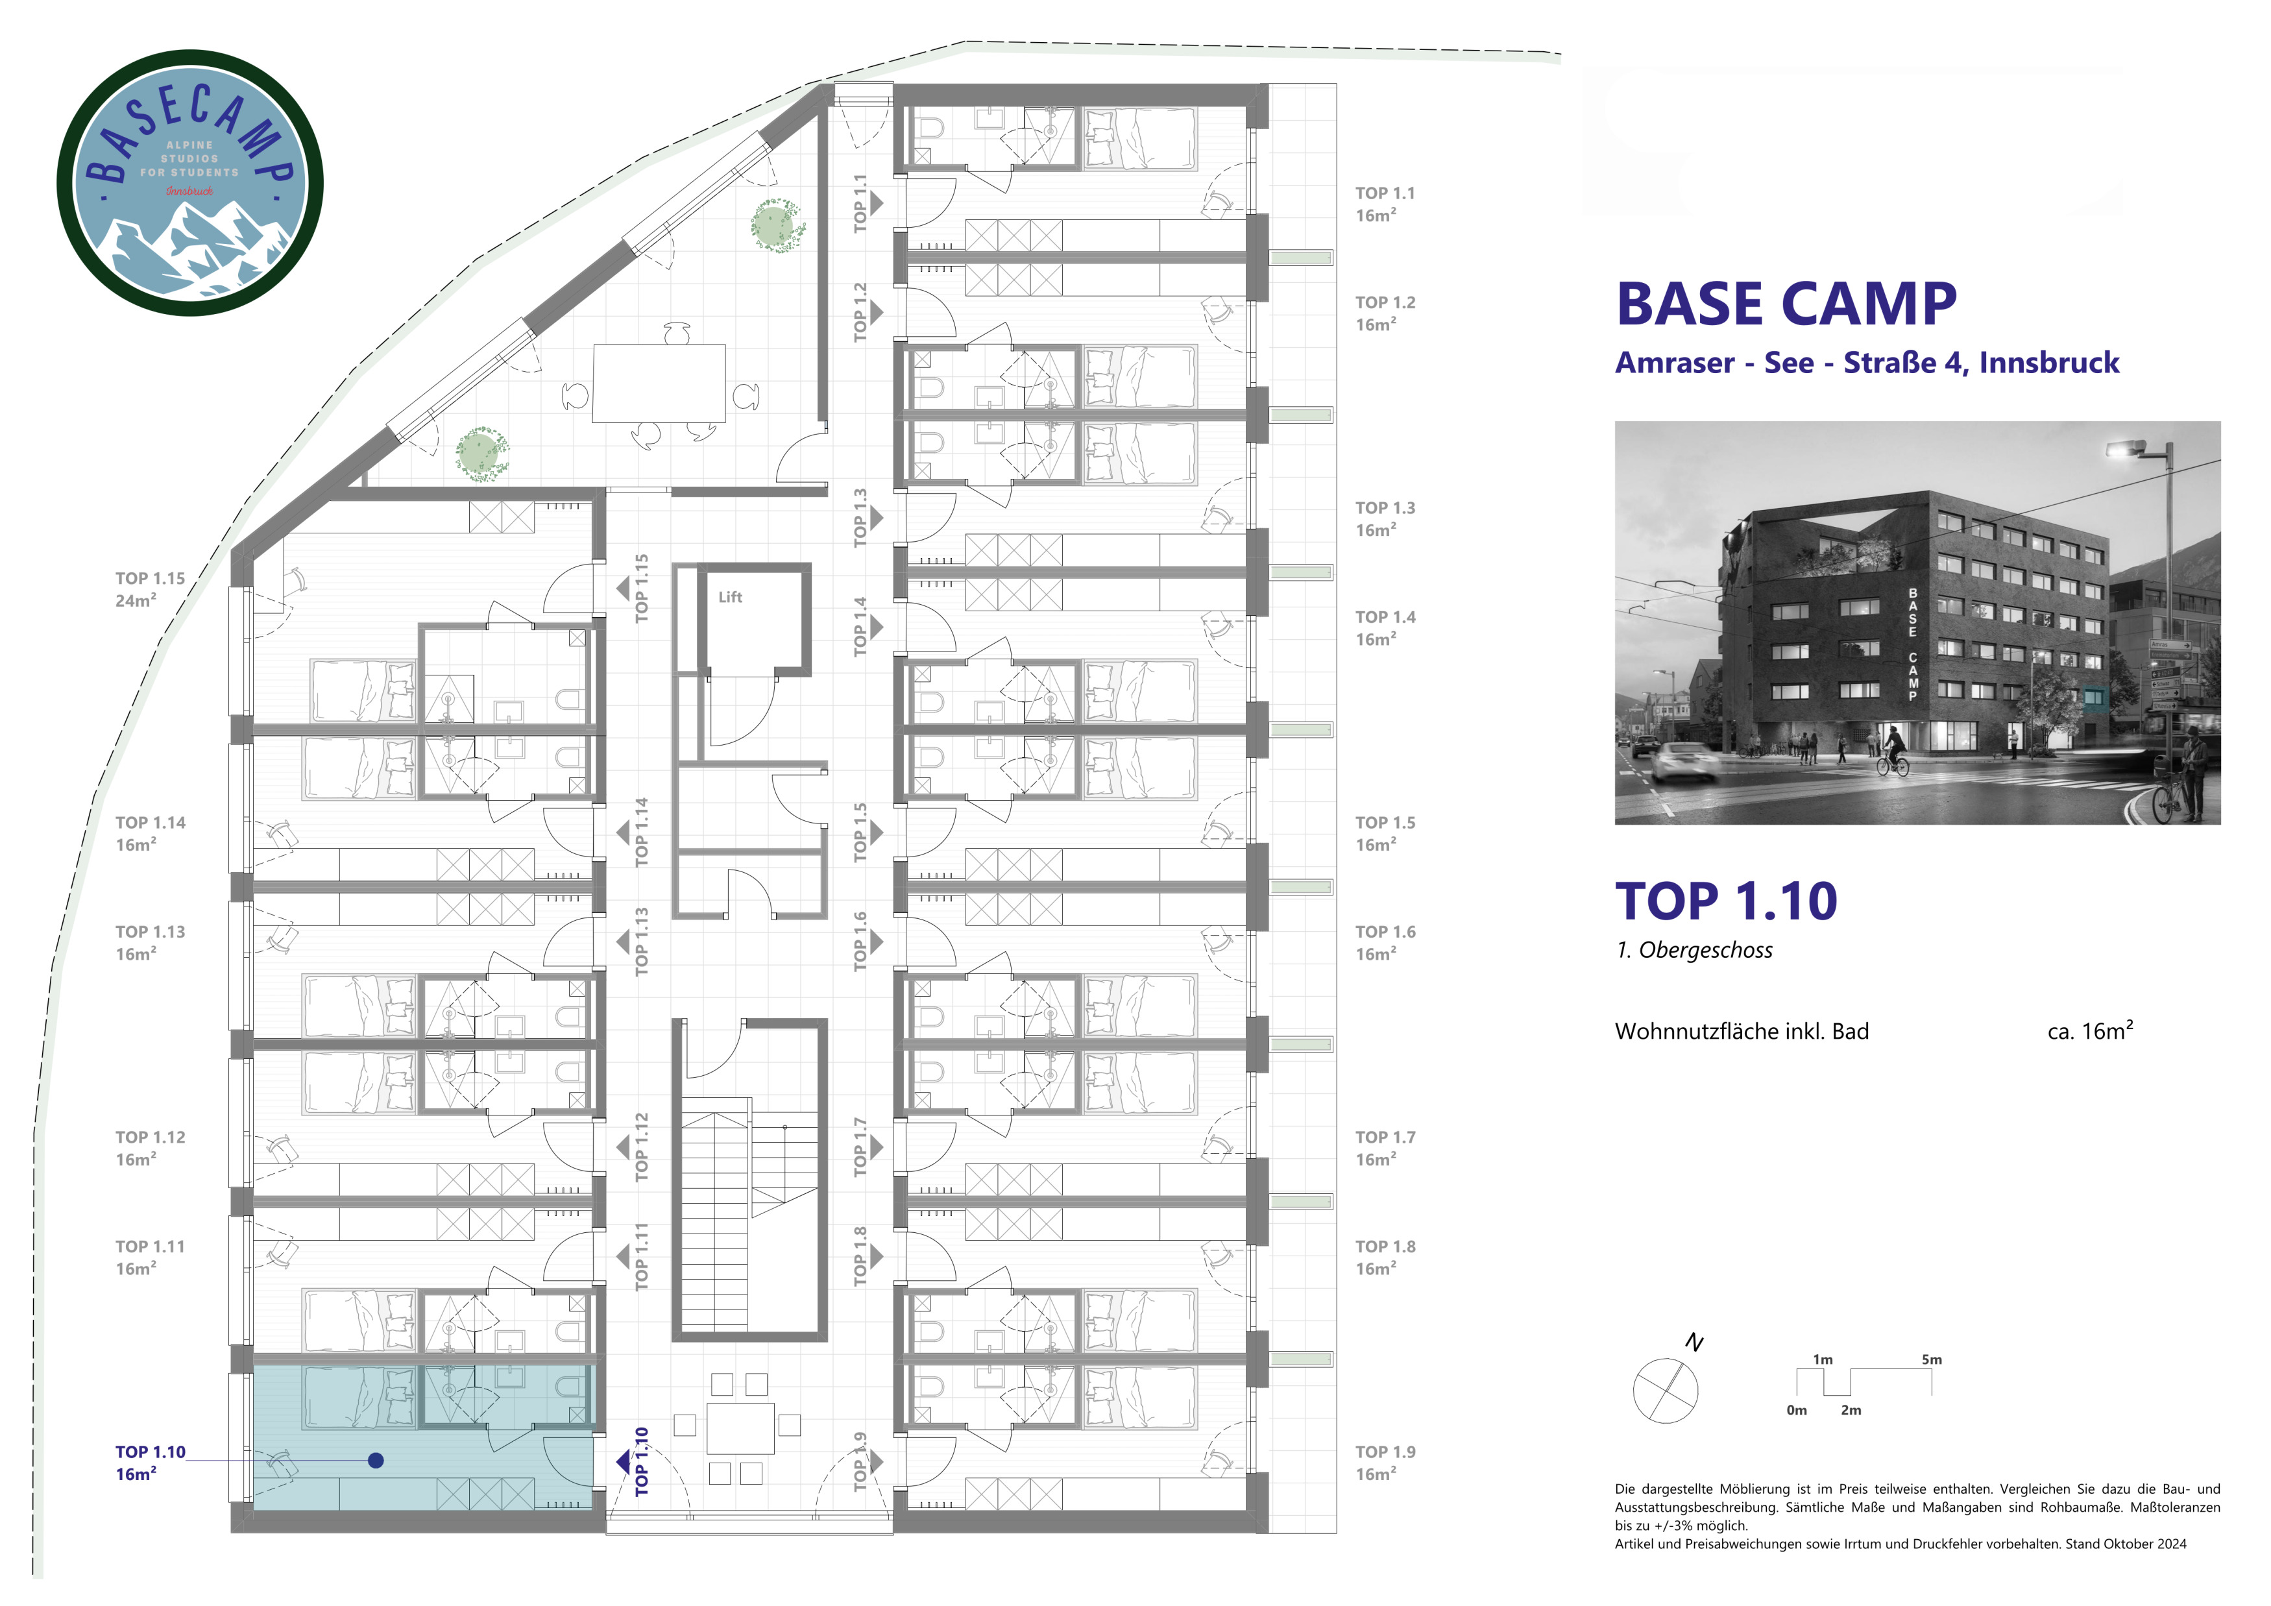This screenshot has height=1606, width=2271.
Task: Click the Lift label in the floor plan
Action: coord(730,598)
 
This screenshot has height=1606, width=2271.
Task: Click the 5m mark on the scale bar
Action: coord(1931,1360)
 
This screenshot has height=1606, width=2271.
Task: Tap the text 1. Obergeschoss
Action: coord(1694,951)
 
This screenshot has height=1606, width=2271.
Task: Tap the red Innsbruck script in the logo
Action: coord(189,190)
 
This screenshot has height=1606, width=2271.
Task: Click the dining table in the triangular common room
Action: coord(659,383)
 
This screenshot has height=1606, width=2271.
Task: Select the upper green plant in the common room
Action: coord(777,225)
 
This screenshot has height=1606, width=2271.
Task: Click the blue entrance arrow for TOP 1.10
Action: coord(623,1461)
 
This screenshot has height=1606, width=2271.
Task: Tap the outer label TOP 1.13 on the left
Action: coord(151,942)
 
